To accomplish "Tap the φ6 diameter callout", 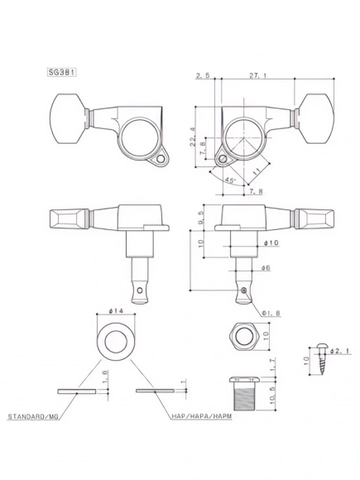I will (266, 267).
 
